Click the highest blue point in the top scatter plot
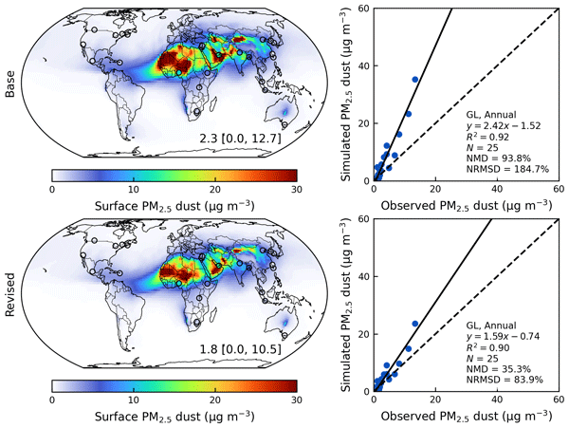(x=414, y=79)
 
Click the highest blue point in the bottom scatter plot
(x=414, y=324)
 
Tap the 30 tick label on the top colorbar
(x=296, y=190)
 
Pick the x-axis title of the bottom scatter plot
(x=465, y=417)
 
